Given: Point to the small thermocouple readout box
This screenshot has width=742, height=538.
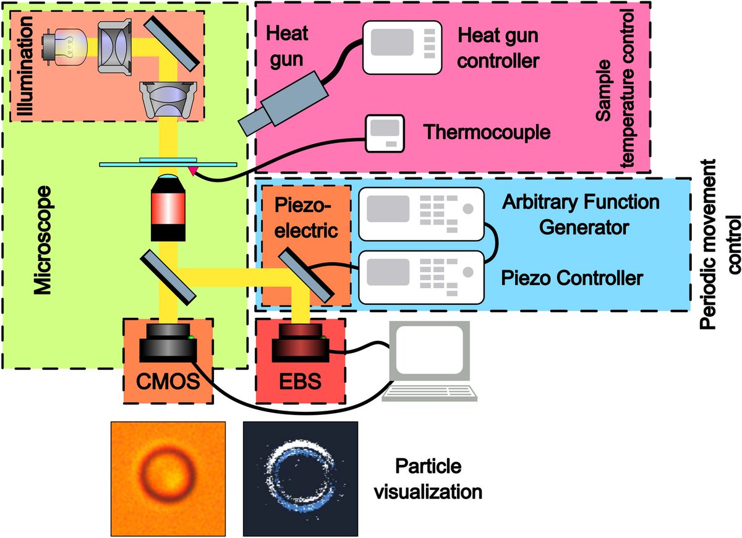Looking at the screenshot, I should [384, 133].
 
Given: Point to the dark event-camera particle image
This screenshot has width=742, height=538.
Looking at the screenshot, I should [301, 477].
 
